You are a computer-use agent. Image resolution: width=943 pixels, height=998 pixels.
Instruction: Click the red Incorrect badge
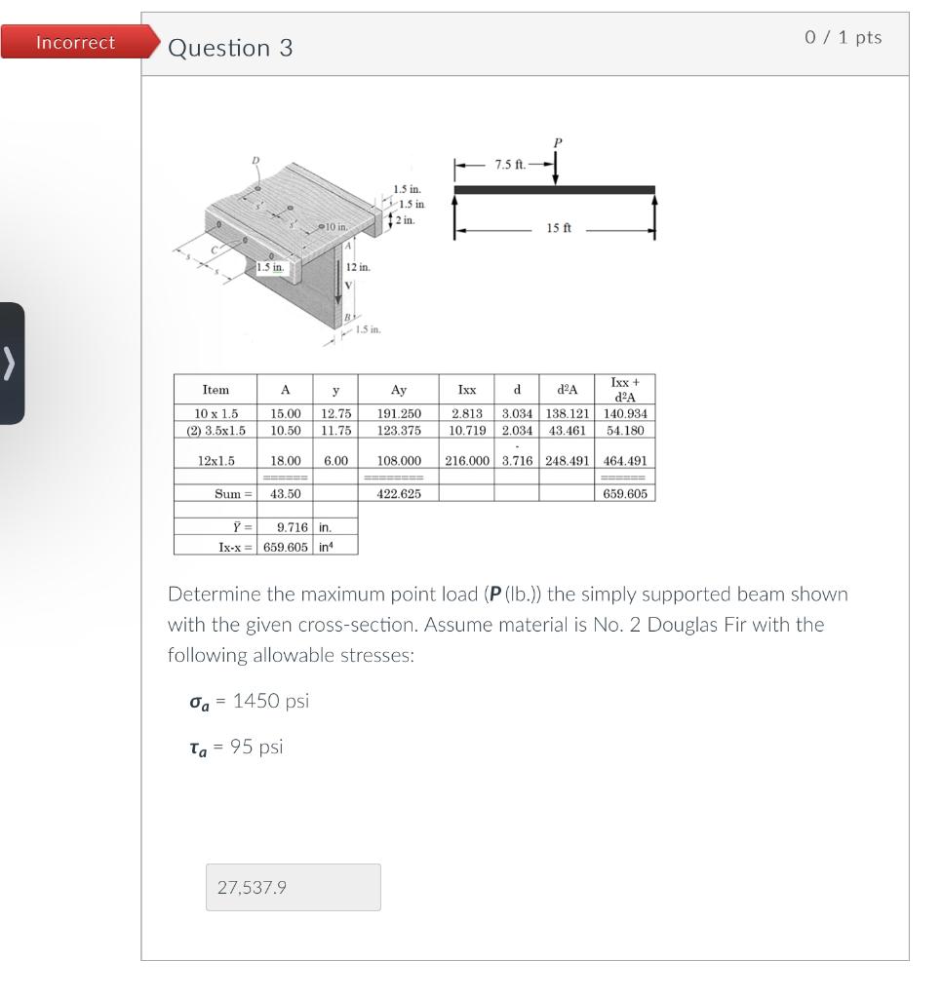(76, 43)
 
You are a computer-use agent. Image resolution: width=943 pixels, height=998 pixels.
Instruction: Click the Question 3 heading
(230, 48)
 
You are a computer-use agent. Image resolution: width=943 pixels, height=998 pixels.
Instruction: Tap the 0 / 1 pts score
(843, 37)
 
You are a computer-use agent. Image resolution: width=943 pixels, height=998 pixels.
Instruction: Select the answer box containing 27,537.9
(293, 887)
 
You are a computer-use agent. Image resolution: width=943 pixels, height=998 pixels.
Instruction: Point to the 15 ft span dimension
(560, 228)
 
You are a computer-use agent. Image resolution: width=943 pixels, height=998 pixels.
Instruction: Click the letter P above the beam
(557, 142)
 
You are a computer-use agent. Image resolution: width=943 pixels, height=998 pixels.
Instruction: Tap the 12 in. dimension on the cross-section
(357, 267)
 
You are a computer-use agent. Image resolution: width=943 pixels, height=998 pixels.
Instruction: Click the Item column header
(216, 390)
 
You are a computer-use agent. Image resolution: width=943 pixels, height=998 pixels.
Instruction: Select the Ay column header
(399, 390)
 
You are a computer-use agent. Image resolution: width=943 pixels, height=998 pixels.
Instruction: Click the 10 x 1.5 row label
(216, 414)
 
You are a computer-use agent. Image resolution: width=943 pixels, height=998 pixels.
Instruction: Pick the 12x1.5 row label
(216, 461)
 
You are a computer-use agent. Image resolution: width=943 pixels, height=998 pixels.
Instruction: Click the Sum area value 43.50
(285, 494)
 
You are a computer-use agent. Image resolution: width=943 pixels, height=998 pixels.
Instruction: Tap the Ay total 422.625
(399, 494)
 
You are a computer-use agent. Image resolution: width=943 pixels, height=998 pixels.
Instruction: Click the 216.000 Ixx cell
(467, 461)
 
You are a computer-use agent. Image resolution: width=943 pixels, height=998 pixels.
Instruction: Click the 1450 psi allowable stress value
(270, 701)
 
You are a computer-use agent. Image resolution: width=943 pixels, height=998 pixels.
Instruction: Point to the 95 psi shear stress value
(256, 747)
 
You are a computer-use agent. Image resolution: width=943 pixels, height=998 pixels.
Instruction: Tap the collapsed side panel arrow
(11, 363)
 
